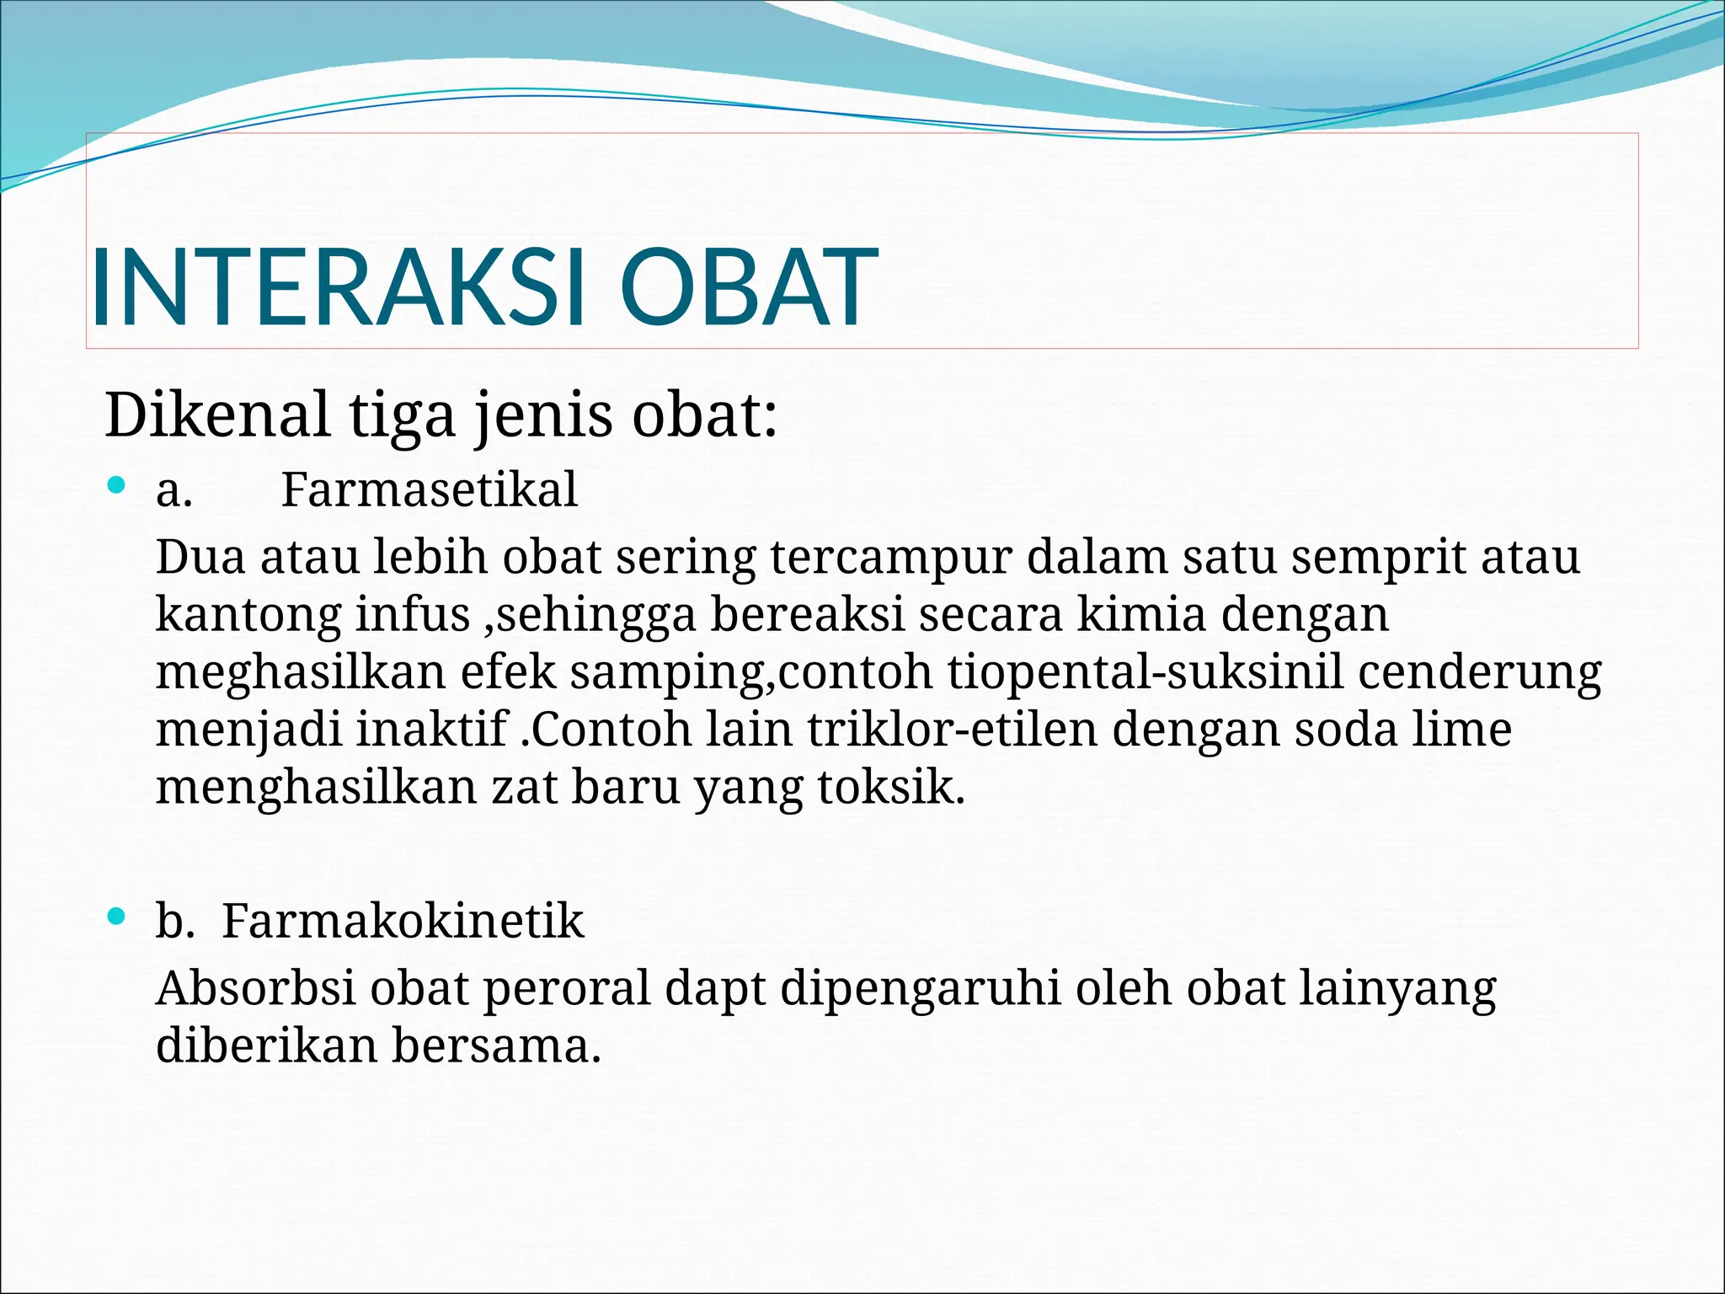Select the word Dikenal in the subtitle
click(217, 415)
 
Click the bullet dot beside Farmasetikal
click(117, 485)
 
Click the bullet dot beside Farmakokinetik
click(117, 916)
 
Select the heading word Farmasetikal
click(429, 490)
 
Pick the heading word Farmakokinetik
click(402, 921)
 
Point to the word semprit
click(1379, 559)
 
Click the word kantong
click(248, 616)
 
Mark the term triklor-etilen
click(952, 730)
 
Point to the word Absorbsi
click(256, 989)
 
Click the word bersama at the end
click(495, 1046)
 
